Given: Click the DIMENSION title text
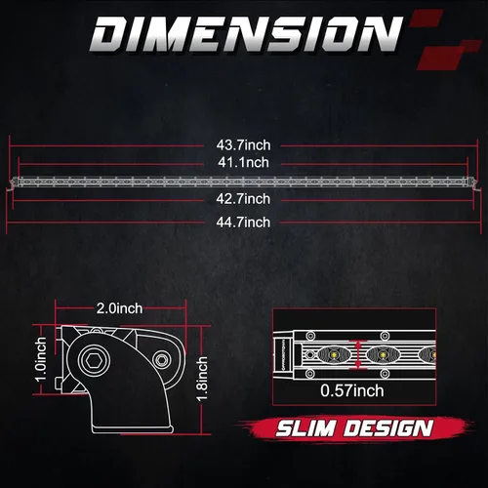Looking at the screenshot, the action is click(246, 34).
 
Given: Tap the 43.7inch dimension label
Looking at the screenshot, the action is click(243, 145).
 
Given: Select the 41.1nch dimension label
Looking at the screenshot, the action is click(243, 162).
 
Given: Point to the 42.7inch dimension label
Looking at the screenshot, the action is click(243, 199).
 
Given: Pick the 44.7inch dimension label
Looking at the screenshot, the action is click(243, 223).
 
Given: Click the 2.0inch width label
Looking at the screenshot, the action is click(119, 308).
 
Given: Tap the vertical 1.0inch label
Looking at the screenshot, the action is click(41, 359).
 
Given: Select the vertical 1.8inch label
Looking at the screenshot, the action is click(202, 379).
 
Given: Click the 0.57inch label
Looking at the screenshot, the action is click(352, 390).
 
